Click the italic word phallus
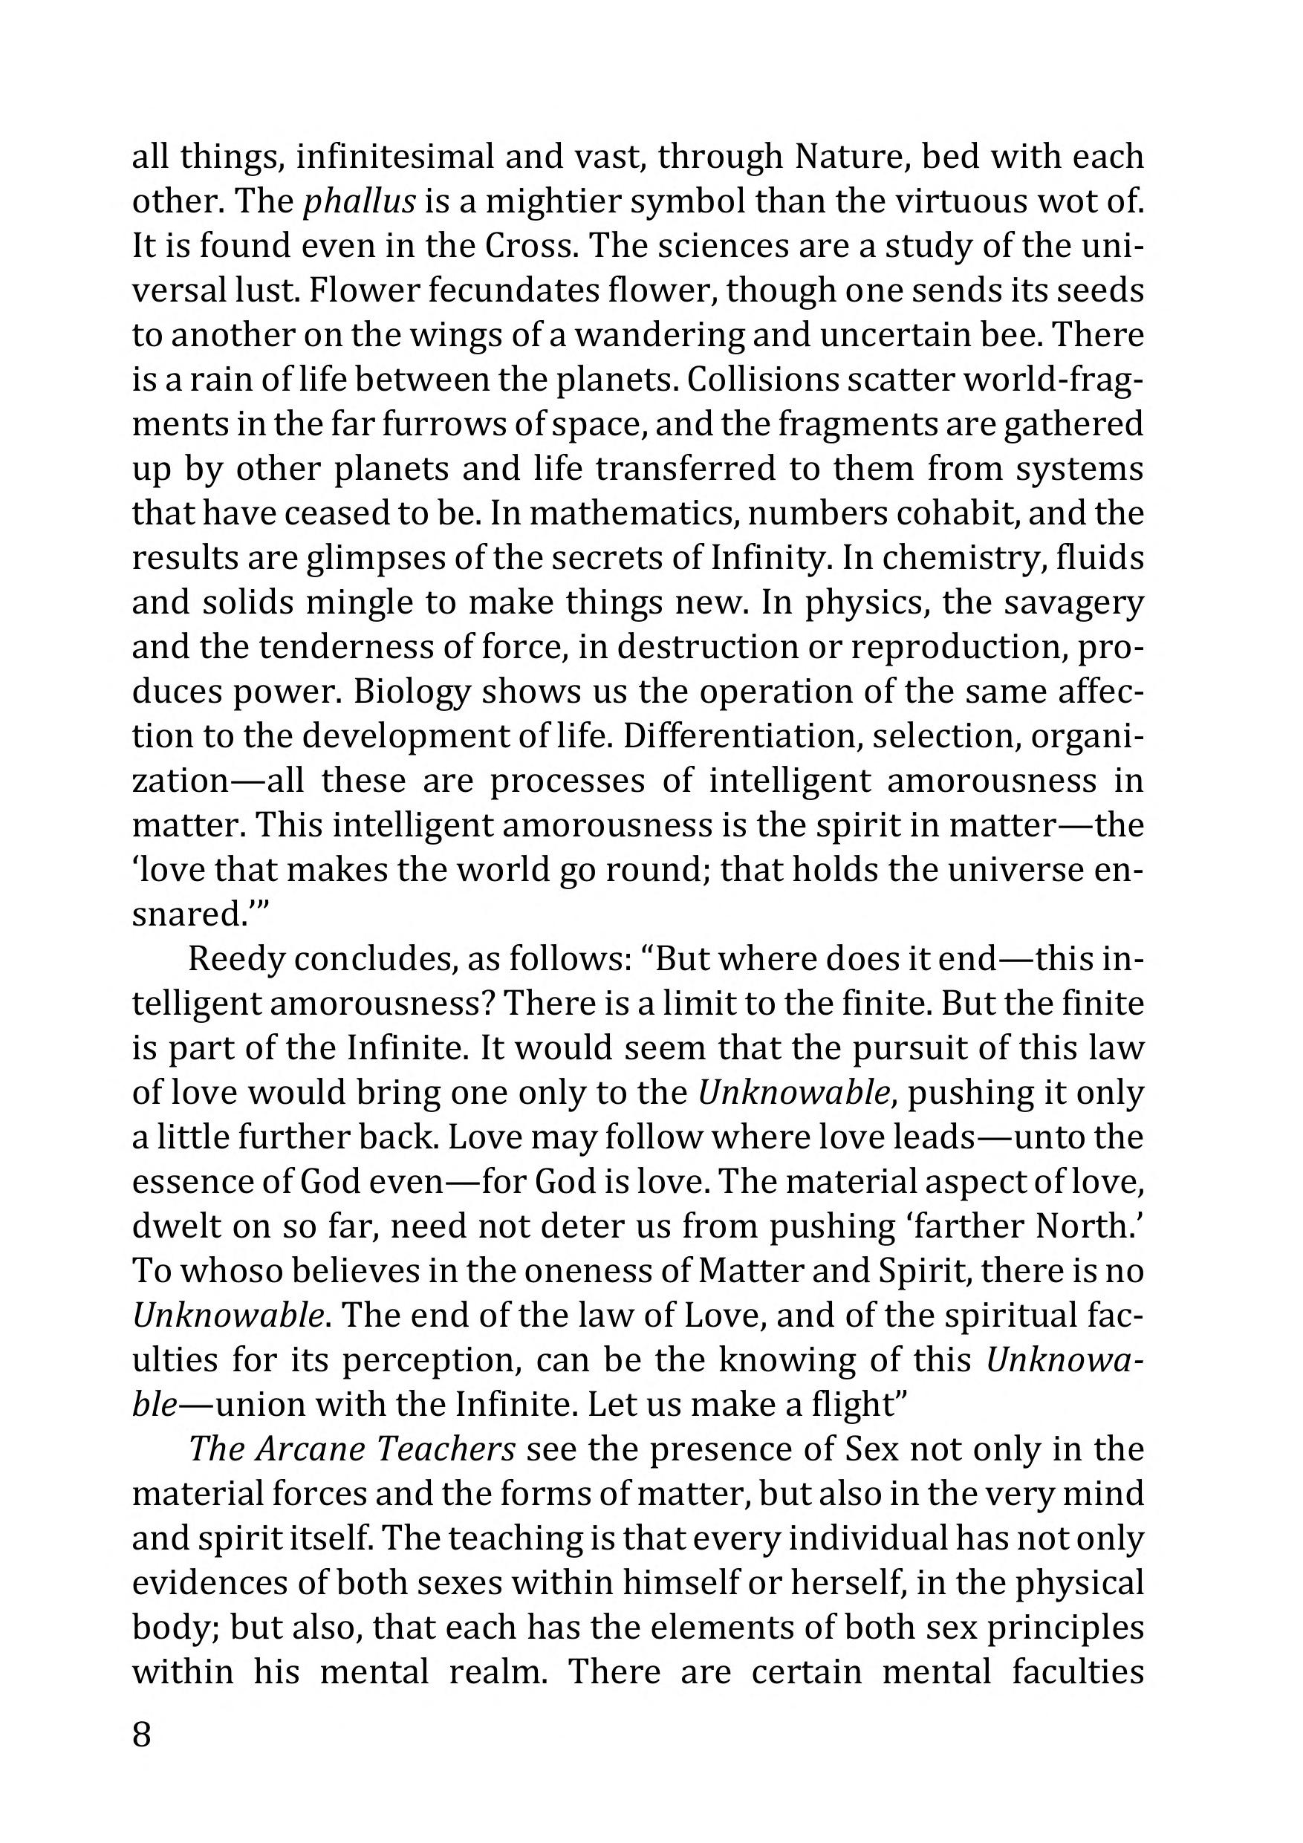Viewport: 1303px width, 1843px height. tap(359, 201)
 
